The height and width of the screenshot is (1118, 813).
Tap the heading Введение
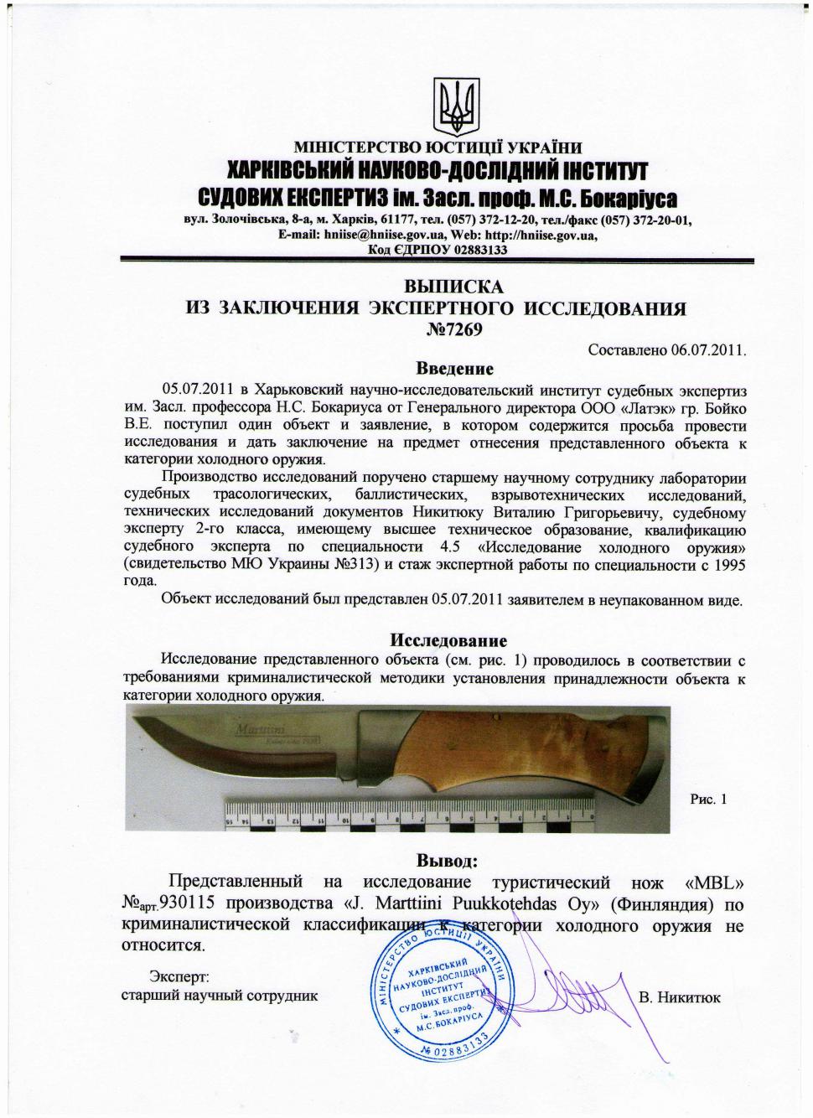point(455,369)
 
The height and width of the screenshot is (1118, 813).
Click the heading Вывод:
point(448,860)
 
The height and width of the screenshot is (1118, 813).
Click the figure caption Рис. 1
point(708,799)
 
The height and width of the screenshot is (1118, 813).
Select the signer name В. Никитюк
point(680,997)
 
